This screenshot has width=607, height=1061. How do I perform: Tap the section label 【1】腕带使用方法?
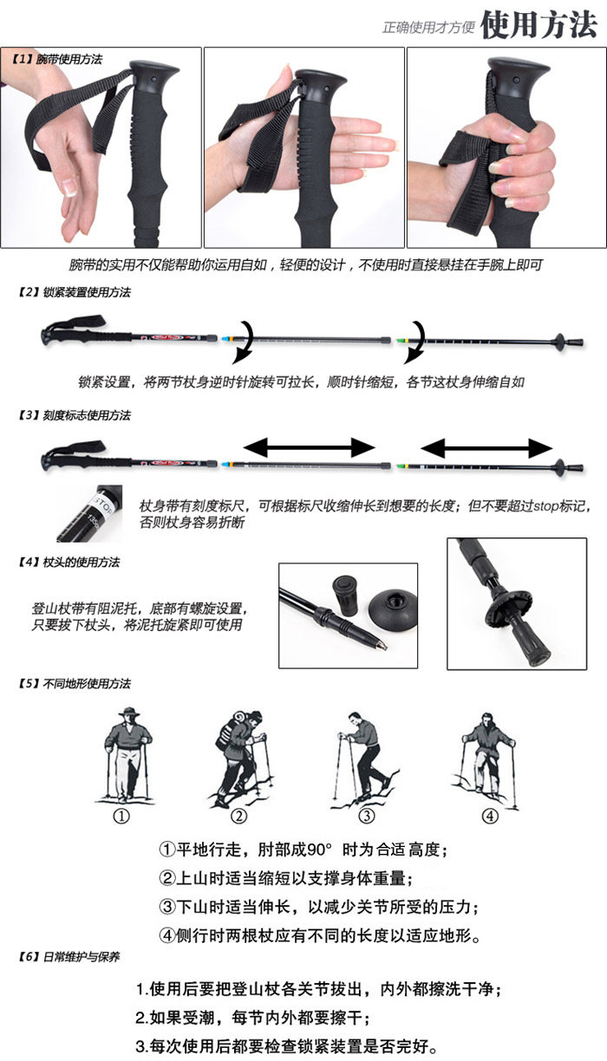point(57,60)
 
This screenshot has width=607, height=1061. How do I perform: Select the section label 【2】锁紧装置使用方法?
point(74,293)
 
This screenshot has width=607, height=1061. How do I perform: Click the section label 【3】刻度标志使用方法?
point(74,415)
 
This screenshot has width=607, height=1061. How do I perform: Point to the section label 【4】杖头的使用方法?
point(69,563)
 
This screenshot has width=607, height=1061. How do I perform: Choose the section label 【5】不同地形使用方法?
point(74,684)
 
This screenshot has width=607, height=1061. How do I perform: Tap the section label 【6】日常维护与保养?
point(69,957)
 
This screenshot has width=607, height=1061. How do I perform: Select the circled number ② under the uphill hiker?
point(238,816)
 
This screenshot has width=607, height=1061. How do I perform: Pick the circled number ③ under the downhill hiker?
point(367,816)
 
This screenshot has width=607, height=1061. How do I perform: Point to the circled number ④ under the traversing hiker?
point(490,816)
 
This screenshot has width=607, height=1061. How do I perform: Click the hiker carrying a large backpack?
point(240,754)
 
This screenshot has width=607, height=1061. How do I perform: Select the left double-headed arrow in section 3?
point(309,447)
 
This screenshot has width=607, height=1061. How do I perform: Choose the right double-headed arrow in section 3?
point(486,447)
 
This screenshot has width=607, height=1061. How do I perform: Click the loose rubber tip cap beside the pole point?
point(345,596)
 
